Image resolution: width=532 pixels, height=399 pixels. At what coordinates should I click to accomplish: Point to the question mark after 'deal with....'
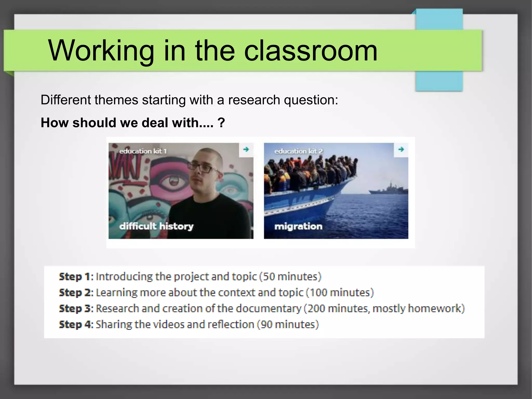pyautogui.click(x=221, y=123)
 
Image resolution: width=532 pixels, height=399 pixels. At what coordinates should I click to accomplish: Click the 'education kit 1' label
pyautogui.click(x=143, y=151)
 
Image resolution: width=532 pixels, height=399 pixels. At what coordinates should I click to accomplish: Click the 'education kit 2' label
pyautogui.click(x=298, y=151)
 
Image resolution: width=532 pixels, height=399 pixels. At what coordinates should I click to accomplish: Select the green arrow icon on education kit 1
pyautogui.click(x=246, y=149)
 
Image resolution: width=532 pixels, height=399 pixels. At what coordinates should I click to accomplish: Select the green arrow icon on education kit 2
pyautogui.click(x=401, y=149)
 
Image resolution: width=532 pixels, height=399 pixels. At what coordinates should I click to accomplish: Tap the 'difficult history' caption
pyautogui.click(x=156, y=226)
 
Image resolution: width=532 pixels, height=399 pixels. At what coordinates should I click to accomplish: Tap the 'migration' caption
pyautogui.click(x=298, y=226)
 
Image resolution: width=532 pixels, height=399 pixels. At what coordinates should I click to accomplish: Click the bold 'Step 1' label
pyautogui.click(x=76, y=277)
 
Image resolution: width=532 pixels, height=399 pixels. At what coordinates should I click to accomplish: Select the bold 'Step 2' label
pyautogui.click(x=76, y=293)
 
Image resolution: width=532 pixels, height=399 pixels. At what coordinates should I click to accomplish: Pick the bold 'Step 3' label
pyautogui.click(x=76, y=309)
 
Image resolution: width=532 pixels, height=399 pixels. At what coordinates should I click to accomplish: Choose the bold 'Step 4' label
pyautogui.click(x=76, y=324)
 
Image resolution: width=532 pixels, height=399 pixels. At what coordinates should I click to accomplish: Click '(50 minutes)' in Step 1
pyautogui.click(x=290, y=277)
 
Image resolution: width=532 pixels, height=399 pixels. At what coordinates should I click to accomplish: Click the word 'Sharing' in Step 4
pyautogui.click(x=114, y=325)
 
